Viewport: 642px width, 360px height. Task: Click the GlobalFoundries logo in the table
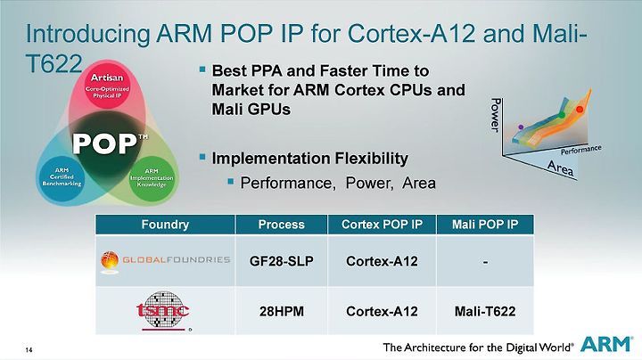[166, 261]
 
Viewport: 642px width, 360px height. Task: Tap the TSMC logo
[163, 311]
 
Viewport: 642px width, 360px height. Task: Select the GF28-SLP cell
[281, 261]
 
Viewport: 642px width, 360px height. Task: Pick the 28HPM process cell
[281, 311]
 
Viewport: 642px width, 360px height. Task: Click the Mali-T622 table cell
[485, 311]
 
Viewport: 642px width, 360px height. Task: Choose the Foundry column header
[166, 225]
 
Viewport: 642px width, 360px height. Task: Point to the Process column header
[281, 225]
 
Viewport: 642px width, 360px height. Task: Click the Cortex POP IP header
[382, 225]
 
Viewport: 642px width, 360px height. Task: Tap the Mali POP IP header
[485, 225]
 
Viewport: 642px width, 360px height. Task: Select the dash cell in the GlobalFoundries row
[485, 261]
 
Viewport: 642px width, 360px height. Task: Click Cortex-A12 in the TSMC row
[382, 311]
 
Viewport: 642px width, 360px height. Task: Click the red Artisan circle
[107, 86]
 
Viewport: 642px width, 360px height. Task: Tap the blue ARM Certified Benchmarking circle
[62, 178]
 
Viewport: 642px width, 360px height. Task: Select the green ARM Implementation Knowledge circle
[152, 178]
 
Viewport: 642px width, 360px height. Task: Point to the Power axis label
[496, 115]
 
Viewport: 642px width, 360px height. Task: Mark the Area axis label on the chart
[561, 168]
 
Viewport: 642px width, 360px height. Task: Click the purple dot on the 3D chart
[521, 127]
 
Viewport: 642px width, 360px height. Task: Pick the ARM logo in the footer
[606, 345]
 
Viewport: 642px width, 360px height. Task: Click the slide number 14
[29, 350]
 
